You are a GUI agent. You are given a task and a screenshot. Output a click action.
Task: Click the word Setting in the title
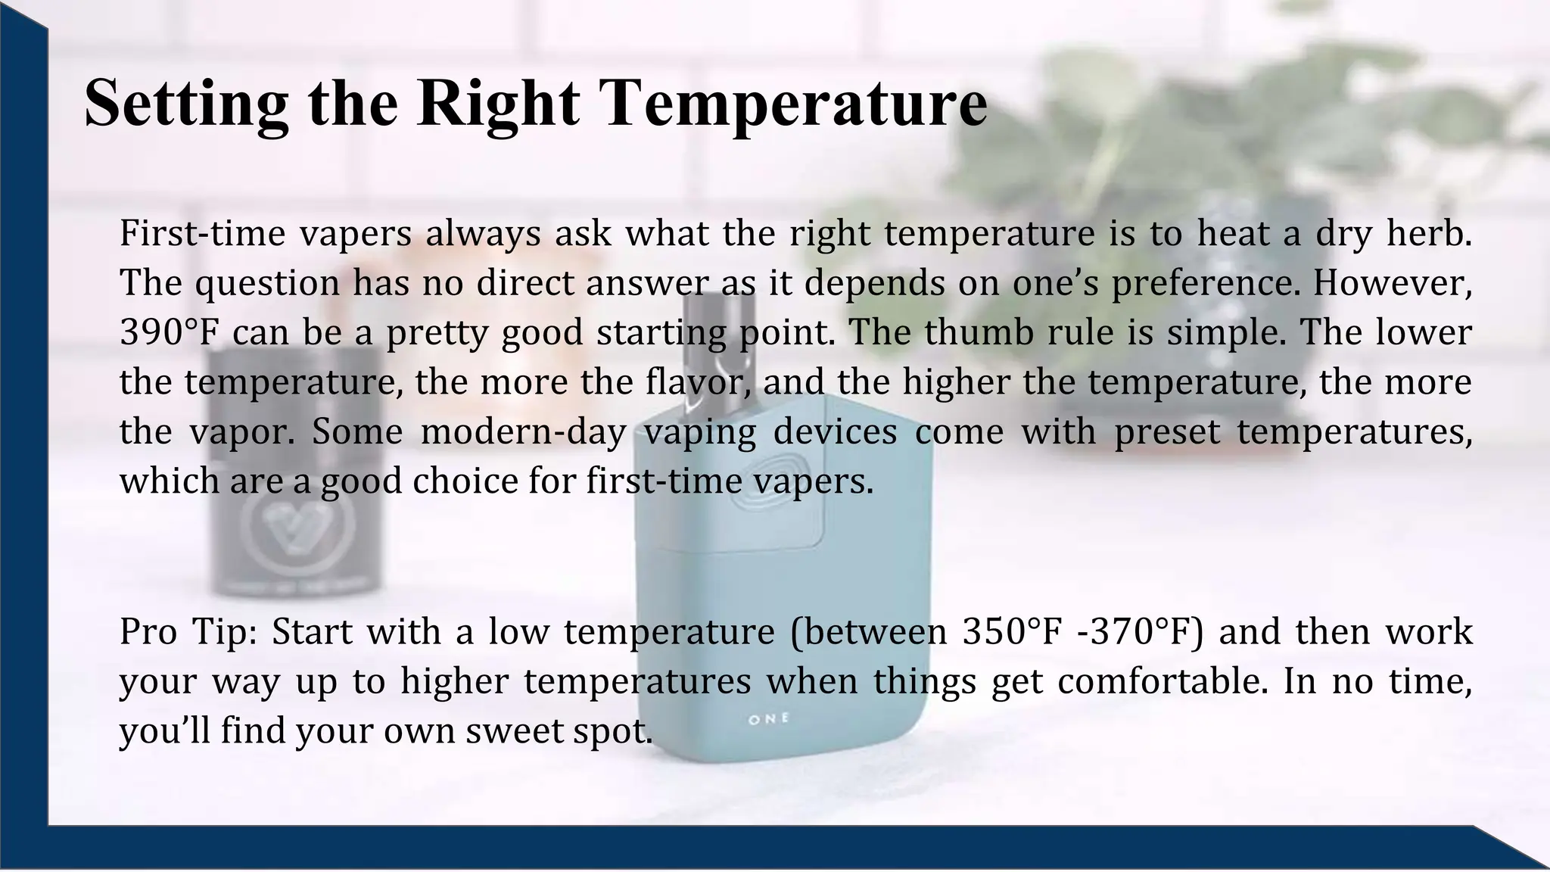click(x=186, y=103)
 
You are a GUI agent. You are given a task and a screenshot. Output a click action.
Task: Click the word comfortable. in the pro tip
click(x=1162, y=681)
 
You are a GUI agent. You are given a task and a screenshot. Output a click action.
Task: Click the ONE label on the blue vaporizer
click(x=768, y=719)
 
